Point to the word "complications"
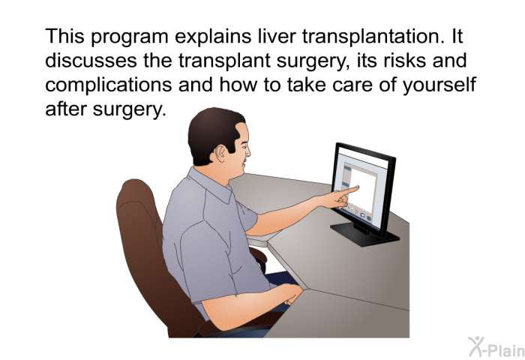pos(109,85)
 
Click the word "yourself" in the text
pos(439,85)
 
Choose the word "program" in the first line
pos(130,37)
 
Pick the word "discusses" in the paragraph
pos(91,61)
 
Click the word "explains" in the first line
pos(213,37)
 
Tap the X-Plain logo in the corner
pos(496,347)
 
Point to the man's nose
pos(247,151)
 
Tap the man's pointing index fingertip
pos(357,187)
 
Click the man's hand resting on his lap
pos(291,294)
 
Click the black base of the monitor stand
pos(365,235)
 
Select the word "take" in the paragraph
pos(306,85)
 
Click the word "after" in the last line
pos(66,109)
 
